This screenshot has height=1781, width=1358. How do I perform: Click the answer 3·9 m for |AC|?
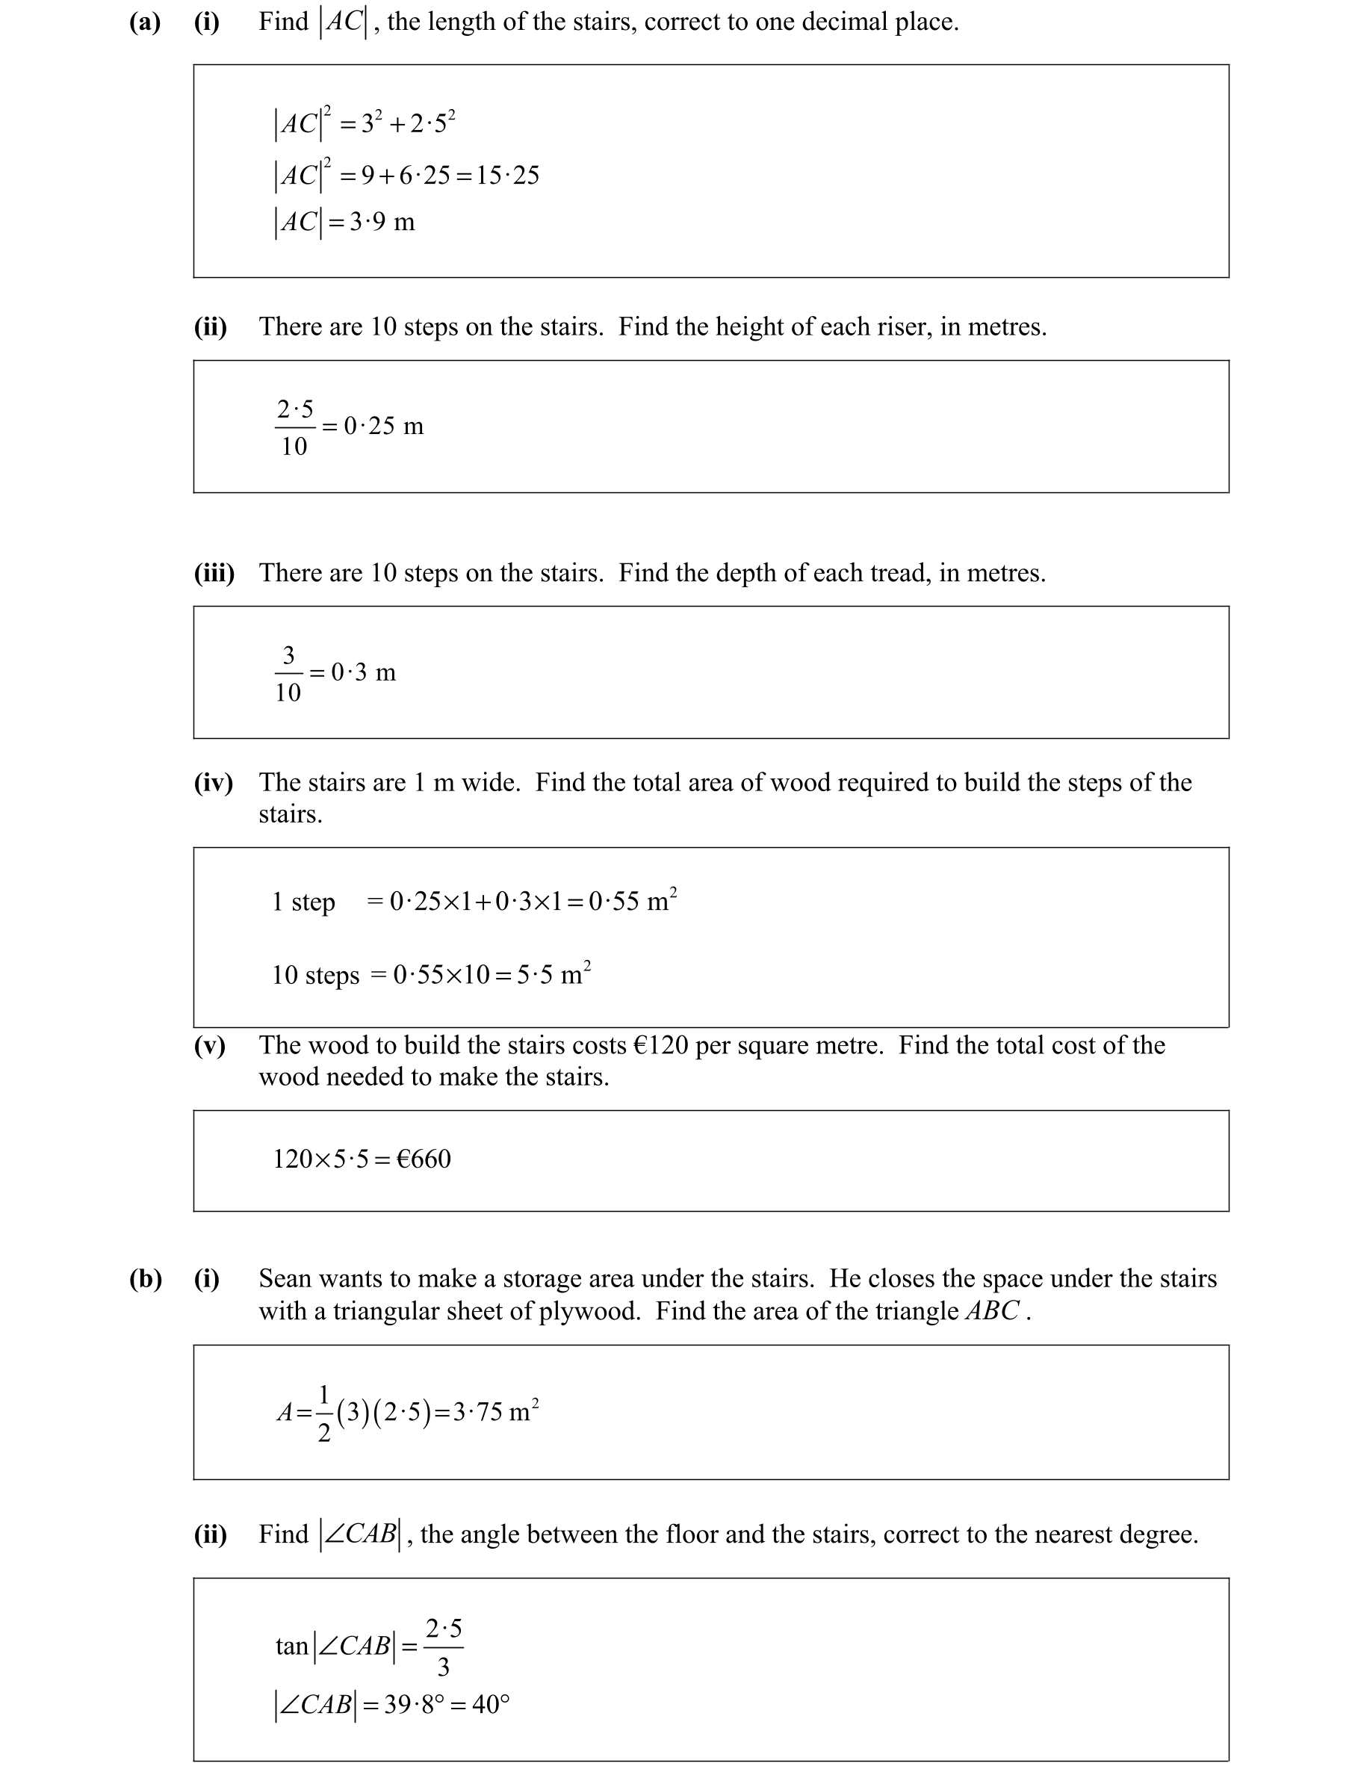coord(382,222)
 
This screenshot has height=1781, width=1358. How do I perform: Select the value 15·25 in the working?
coord(508,176)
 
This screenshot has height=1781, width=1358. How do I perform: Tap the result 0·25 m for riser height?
coord(383,426)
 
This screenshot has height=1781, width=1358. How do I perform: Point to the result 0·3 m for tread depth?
coord(363,672)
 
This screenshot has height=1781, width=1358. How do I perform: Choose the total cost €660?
coord(424,1159)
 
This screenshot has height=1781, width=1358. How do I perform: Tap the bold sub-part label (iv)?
coord(214,783)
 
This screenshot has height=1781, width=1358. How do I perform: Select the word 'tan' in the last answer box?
coord(292,1646)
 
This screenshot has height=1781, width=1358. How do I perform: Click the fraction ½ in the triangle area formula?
coord(324,1413)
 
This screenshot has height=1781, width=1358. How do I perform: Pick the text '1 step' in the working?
coord(303,902)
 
